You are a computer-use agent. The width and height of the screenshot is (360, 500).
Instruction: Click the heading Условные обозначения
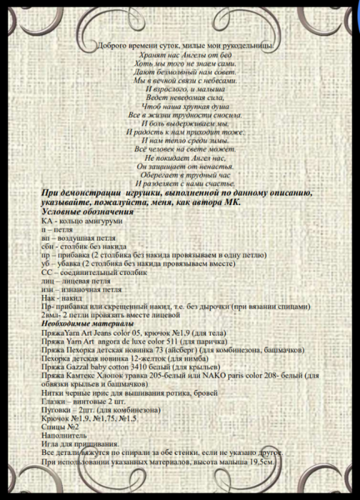(x=87, y=214)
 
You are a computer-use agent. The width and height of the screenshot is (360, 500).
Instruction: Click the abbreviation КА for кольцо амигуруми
(x=49, y=223)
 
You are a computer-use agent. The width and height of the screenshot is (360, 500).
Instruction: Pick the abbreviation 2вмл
(x=51, y=314)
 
